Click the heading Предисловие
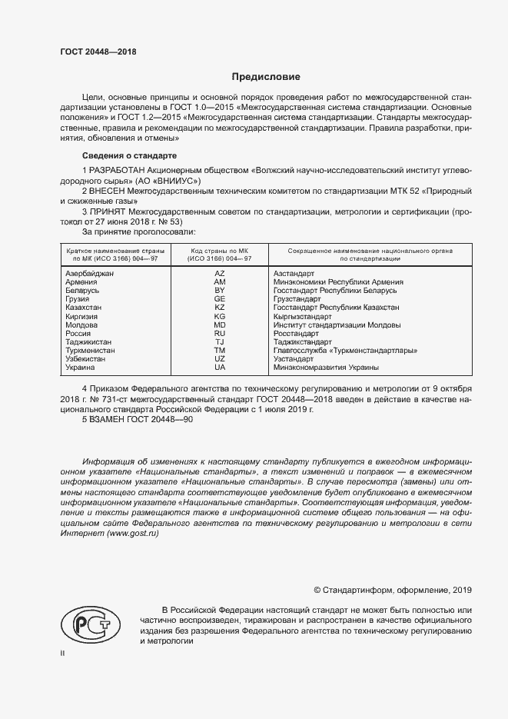[266, 77]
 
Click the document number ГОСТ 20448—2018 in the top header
[98, 52]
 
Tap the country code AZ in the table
[220, 274]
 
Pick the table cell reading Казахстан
[85, 308]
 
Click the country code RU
[220, 334]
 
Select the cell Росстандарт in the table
[296, 334]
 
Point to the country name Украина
[81, 368]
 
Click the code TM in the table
[220, 351]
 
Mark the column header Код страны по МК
[220, 255]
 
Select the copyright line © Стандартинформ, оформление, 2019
[393, 590]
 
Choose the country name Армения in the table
[81, 282]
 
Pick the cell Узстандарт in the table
[294, 359]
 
